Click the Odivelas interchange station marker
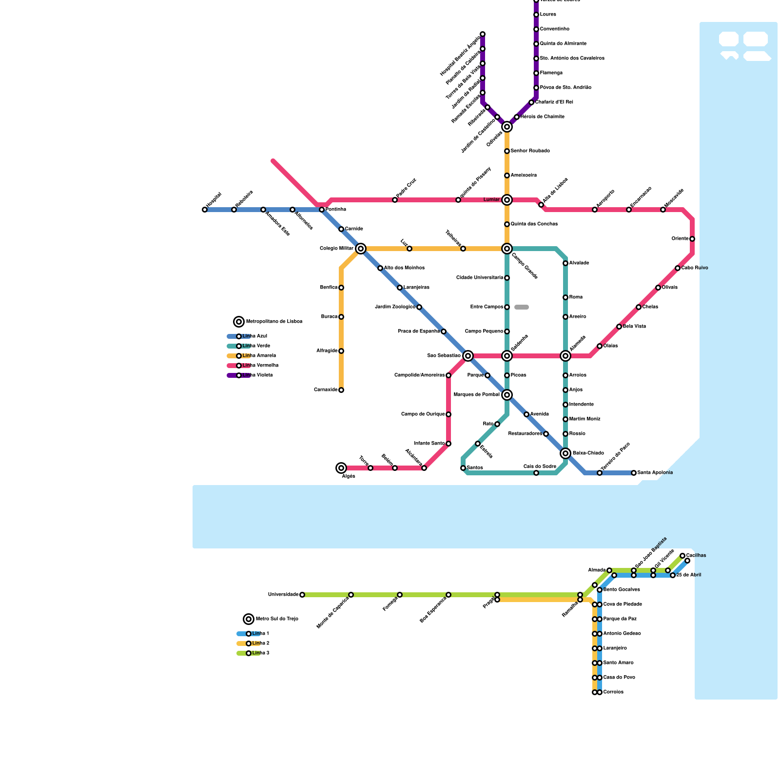point(507,127)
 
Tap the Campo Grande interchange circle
point(507,249)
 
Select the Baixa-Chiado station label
point(588,453)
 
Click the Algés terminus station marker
point(341,468)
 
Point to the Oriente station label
point(680,239)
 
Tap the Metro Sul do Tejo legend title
point(276,619)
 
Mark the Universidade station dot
point(302,595)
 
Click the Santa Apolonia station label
point(655,473)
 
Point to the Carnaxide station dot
point(341,390)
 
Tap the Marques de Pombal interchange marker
point(507,395)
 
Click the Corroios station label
point(613,692)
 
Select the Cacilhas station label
point(696,556)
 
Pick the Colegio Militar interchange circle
point(361,249)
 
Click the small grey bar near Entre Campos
point(522,307)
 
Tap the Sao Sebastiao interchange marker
point(468,356)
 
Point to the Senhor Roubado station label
point(530,151)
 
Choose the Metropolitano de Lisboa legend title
point(274,322)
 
